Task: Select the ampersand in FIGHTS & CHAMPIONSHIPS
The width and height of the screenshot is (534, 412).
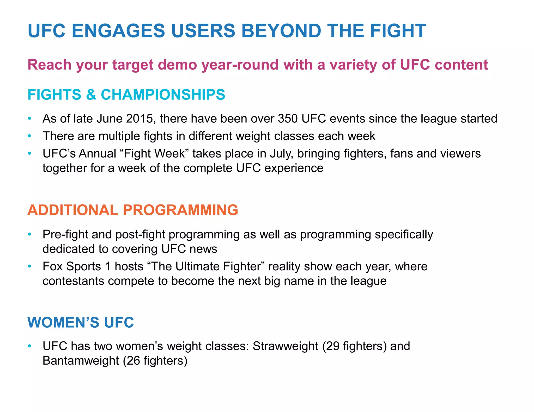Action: click(x=91, y=95)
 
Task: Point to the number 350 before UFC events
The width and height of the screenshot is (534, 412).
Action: click(x=288, y=119)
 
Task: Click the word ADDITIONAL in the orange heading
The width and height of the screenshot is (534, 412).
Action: click(x=73, y=210)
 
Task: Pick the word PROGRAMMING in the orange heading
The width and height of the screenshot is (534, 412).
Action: click(x=180, y=210)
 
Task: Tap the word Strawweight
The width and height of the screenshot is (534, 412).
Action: click(x=285, y=346)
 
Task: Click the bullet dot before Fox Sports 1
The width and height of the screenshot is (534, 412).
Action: click(x=30, y=266)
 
